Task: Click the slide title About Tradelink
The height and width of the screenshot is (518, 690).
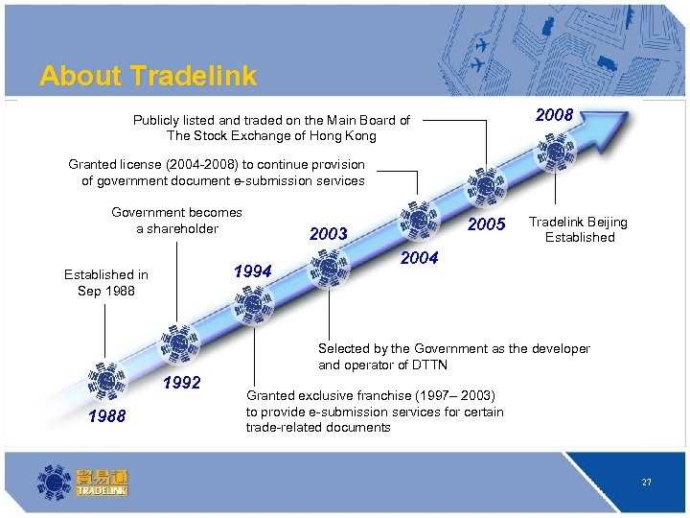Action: pyautogui.click(x=148, y=76)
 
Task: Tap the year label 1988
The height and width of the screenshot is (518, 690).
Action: pyautogui.click(x=105, y=415)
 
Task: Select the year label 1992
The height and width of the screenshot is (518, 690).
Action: pyautogui.click(x=182, y=383)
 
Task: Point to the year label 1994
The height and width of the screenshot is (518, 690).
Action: pyautogui.click(x=253, y=271)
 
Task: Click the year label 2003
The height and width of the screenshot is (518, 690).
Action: pyautogui.click(x=329, y=234)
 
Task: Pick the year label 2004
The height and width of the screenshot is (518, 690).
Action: pyautogui.click(x=419, y=257)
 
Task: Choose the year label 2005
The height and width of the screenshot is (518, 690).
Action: pyautogui.click(x=486, y=224)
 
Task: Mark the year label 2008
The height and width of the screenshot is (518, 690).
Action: pyautogui.click(x=554, y=115)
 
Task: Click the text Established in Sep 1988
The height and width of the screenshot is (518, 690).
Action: pyautogui.click(x=106, y=282)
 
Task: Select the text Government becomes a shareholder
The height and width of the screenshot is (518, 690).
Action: pyautogui.click(x=177, y=221)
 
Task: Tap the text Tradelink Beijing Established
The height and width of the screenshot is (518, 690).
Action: pyautogui.click(x=579, y=229)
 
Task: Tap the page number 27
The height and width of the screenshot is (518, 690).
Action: pyautogui.click(x=647, y=483)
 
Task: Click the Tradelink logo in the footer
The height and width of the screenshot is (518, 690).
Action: pyautogui.click(x=82, y=482)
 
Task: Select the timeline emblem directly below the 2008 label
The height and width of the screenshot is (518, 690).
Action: pyautogui.click(x=555, y=152)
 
